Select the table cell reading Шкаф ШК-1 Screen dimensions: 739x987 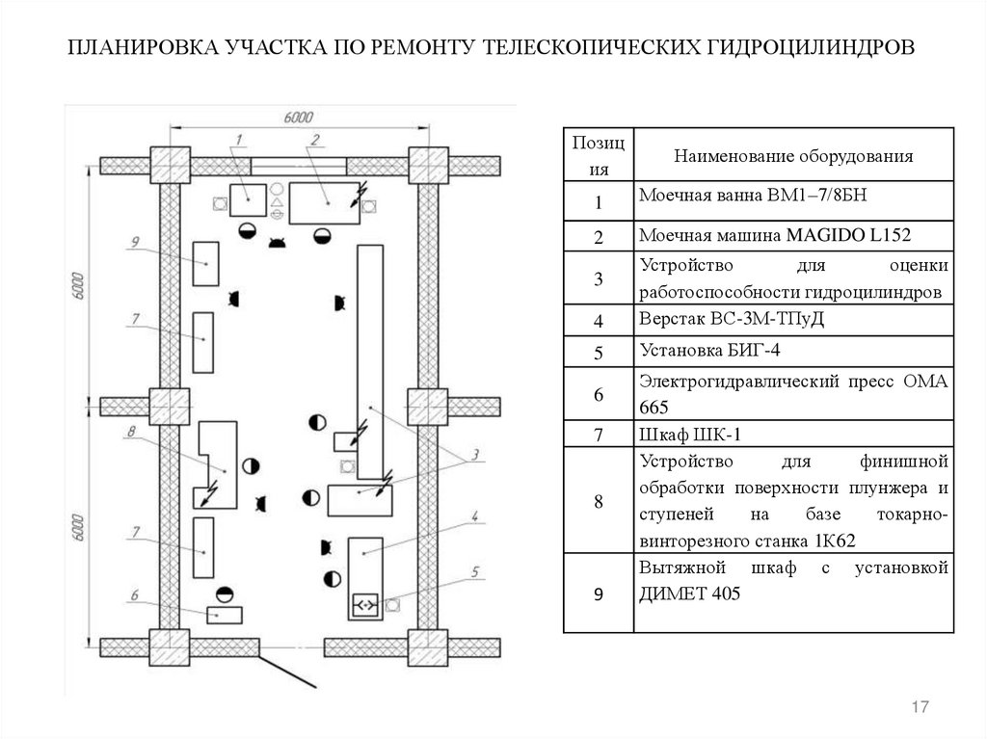click(792, 434)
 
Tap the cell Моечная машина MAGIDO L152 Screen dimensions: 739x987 click(792, 235)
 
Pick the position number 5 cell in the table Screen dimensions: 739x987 click(598, 354)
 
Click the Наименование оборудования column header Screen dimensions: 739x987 click(792, 155)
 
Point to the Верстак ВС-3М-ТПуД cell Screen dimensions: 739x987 click(792, 318)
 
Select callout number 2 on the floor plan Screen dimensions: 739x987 click(315, 140)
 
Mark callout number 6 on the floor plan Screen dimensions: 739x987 click(135, 594)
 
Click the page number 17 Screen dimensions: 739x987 click(919, 708)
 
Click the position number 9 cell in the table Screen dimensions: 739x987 click(598, 594)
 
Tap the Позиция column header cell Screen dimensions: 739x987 click(598, 155)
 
